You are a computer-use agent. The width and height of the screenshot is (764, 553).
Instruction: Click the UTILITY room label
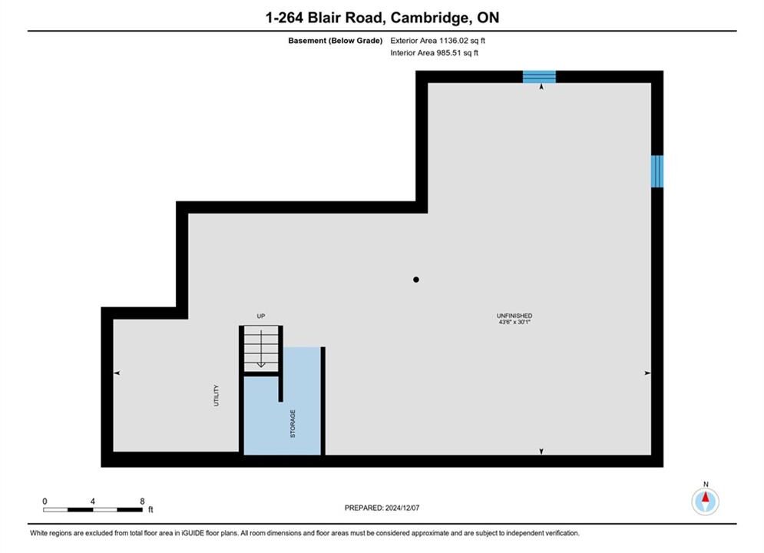[216, 395]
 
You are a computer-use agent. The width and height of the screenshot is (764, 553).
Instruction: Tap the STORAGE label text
[293, 423]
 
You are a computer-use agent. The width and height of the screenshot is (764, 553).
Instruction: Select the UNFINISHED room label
[514, 316]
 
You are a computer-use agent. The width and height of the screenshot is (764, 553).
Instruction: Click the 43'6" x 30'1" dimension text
[514, 322]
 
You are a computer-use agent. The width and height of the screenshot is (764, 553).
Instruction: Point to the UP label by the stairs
[261, 316]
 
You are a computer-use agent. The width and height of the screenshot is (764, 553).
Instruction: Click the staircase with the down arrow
[261, 349]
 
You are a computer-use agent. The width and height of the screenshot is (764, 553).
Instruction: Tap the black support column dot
[416, 280]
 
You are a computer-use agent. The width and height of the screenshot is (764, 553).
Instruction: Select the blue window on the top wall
[539, 77]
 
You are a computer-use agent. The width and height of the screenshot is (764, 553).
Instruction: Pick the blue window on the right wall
[657, 171]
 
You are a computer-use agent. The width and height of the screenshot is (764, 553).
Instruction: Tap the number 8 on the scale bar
[142, 501]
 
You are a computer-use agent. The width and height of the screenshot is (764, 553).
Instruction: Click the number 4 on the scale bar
[93, 501]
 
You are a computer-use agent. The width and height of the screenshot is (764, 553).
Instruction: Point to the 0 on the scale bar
[45, 501]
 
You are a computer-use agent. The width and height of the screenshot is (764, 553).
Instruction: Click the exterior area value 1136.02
[454, 41]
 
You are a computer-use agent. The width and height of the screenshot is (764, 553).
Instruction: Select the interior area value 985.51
[448, 53]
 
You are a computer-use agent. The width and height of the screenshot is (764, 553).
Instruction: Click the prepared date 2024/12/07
[402, 508]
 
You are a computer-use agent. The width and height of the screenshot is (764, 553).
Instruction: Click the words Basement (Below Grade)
[336, 41]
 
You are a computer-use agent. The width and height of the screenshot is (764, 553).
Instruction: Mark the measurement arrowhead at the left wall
[117, 373]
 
